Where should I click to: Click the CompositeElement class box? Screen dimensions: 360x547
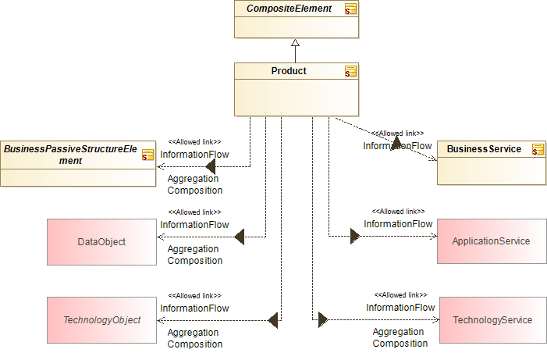click(x=297, y=20)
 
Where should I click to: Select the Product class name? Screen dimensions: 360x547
click(x=289, y=71)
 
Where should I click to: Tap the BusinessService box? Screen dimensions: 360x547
click(x=491, y=162)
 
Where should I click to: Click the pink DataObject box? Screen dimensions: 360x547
click(x=101, y=241)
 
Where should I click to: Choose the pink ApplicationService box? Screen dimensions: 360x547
click(x=491, y=241)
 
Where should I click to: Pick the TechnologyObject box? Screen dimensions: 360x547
click(x=101, y=319)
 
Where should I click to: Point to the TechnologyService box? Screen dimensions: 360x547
click(x=492, y=319)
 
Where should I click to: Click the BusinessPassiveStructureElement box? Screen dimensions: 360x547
click(x=78, y=163)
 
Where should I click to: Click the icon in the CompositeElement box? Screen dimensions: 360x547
click(x=351, y=9)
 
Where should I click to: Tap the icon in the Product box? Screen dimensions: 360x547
click(x=351, y=71)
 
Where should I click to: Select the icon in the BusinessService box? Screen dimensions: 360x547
click(x=538, y=149)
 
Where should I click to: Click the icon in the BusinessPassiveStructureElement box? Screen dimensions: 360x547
click(x=148, y=155)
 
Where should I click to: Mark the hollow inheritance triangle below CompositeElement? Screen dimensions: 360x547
click(x=297, y=44)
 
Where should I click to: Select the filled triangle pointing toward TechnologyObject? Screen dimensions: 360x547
click(x=272, y=319)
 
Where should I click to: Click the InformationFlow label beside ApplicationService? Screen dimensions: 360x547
click(x=398, y=224)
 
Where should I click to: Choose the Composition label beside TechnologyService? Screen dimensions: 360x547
click(x=400, y=344)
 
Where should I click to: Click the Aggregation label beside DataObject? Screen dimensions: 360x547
click(x=194, y=248)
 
